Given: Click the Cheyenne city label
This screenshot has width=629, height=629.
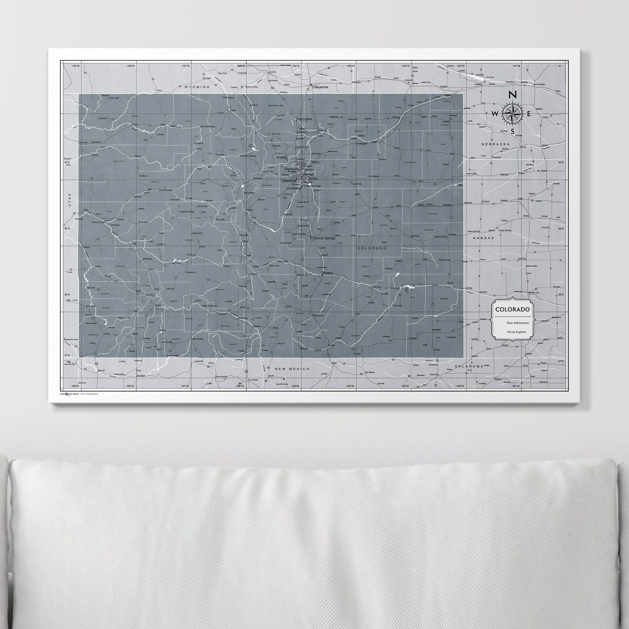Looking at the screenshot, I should point(320,87).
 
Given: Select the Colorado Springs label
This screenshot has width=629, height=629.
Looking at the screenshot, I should point(323,238).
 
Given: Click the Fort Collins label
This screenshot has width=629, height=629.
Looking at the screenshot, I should point(304,119).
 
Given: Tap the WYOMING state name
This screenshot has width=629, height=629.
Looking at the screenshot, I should point(197,87).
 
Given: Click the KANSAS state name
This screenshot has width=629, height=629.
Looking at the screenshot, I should point(484,238).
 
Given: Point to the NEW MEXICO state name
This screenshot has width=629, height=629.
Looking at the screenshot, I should point(292,369).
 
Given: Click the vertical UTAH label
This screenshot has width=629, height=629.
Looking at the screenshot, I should point(69,200).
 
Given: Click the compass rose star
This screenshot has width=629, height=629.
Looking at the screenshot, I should point(512,114).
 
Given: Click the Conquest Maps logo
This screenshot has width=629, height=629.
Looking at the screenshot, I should point(70,394).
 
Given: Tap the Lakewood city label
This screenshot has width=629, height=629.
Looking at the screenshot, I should point(289,180).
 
